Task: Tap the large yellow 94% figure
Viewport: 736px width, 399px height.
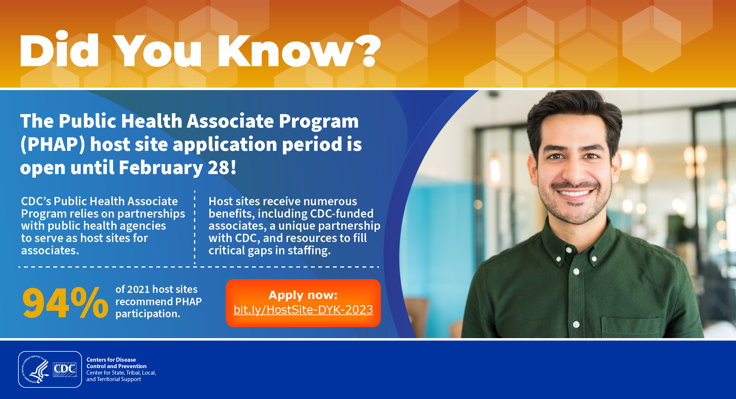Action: coord(65,303)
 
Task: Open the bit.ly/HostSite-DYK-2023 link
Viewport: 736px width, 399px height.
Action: coord(303,310)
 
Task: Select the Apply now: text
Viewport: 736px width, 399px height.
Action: coord(303,295)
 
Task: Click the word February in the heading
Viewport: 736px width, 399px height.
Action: coord(161,168)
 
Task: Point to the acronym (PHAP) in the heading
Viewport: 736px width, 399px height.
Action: coord(53,144)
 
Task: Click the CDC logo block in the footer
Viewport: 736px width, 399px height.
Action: coord(65,370)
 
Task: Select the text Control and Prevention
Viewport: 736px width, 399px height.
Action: coord(116,366)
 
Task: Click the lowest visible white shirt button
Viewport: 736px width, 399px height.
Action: coord(576,325)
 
